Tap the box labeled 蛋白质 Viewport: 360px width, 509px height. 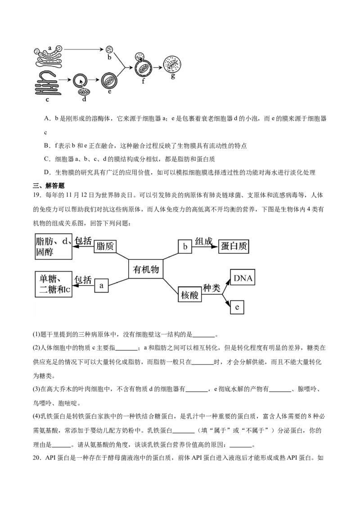click(234, 246)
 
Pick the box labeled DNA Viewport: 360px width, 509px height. click(243, 279)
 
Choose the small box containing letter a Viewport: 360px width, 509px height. click(102, 285)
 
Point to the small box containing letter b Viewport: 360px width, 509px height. click(185, 246)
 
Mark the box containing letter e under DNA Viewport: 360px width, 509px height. click(237, 308)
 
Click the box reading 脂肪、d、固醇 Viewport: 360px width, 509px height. click(53, 247)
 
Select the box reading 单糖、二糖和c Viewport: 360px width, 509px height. click(54, 284)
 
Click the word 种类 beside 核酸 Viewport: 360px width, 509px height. click(211, 288)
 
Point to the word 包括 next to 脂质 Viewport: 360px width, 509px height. click(83, 241)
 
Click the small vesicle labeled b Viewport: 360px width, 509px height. click(109, 49)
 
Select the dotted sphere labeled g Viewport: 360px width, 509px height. click(172, 64)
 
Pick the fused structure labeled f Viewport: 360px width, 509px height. click(143, 67)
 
